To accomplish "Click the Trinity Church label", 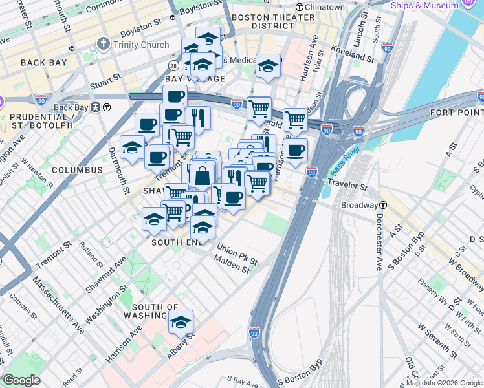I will (x=141, y=45).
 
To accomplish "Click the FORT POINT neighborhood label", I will (x=457, y=113).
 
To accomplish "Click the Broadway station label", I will (x=359, y=204).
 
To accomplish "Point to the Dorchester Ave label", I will (x=379, y=242).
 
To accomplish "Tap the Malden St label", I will (x=237, y=267).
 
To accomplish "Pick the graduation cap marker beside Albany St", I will (x=181, y=322).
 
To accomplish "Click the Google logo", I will (x=22, y=380).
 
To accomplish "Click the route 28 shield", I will (x=174, y=66).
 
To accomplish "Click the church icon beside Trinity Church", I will (x=102, y=45).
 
